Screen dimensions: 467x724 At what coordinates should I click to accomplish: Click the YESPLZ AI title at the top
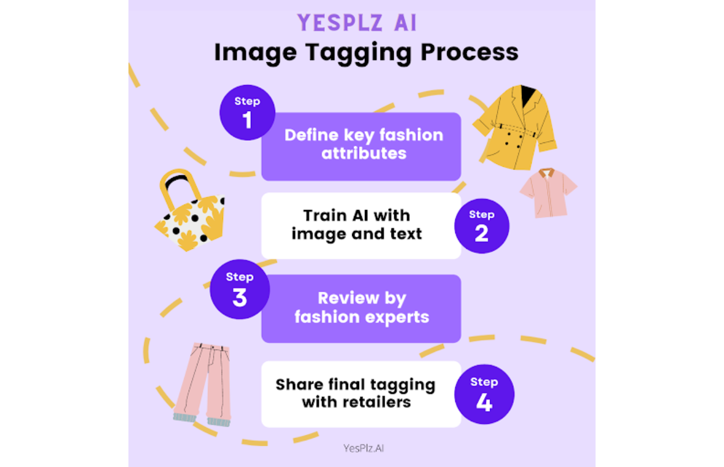[357, 23]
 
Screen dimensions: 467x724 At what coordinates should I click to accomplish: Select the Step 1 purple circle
[247, 113]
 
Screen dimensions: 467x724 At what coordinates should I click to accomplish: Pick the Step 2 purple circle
[481, 226]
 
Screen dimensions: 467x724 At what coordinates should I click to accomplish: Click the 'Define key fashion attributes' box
[361, 146]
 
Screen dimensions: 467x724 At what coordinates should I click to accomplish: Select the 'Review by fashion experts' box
[361, 308]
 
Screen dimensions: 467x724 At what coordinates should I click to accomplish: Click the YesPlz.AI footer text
[363, 447]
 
